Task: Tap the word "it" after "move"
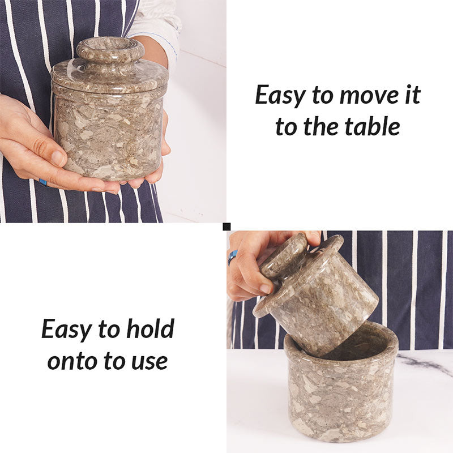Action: coord(412,95)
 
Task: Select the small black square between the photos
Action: coord(226,226)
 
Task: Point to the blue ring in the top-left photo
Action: coord(43,182)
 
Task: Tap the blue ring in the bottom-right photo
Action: coord(232,258)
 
